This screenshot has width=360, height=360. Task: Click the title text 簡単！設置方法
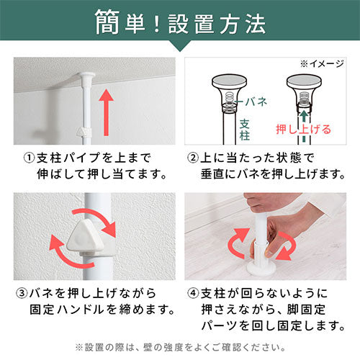(180, 22)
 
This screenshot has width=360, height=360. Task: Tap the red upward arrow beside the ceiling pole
(106, 112)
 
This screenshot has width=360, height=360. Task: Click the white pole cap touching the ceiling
(86, 76)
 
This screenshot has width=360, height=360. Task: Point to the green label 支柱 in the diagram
(245, 130)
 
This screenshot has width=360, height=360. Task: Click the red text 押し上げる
(304, 129)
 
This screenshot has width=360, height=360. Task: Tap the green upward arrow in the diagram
(304, 117)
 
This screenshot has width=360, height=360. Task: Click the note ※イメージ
(322, 64)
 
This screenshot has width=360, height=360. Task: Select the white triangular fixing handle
(85, 238)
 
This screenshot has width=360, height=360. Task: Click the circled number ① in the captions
(30, 158)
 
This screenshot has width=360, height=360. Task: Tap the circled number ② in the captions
(193, 158)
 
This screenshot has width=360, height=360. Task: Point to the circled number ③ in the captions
(22, 293)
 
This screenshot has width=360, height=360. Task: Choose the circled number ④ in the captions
(193, 293)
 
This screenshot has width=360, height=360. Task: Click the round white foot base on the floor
(261, 269)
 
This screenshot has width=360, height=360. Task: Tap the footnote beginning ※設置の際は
(180, 347)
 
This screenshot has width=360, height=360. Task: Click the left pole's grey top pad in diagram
(230, 79)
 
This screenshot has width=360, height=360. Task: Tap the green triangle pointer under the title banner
(180, 46)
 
